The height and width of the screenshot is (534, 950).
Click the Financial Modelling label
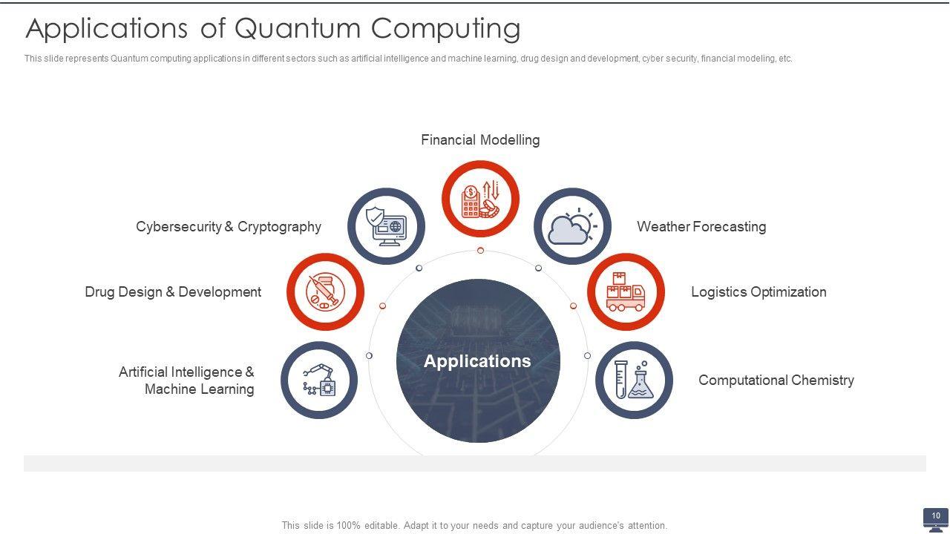click(480, 140)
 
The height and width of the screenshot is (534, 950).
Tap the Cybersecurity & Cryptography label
click(229, 227)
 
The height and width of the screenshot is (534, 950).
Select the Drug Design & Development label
click(173, 292)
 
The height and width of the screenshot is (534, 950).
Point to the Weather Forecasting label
click(701, 227)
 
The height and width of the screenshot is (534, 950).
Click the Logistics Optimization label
click(759, 292)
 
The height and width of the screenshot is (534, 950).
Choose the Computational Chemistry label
click(776, 380)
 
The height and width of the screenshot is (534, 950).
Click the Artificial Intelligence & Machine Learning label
click(186, 380)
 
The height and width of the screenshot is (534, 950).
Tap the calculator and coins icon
click(480, 199)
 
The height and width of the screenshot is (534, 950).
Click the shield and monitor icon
click(386, 226)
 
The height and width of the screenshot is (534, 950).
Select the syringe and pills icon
click(325, 291)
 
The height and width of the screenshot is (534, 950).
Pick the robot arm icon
click(319, 380)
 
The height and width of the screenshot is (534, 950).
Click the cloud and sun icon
click(572, 226)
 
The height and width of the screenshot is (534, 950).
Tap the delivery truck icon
click(626, 291)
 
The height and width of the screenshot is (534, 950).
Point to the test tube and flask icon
click(634, 380)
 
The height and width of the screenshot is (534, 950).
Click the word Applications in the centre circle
click(477, 361)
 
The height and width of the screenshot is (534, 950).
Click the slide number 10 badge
click(936, 516)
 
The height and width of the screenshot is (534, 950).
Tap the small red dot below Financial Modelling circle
click(480, 251)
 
